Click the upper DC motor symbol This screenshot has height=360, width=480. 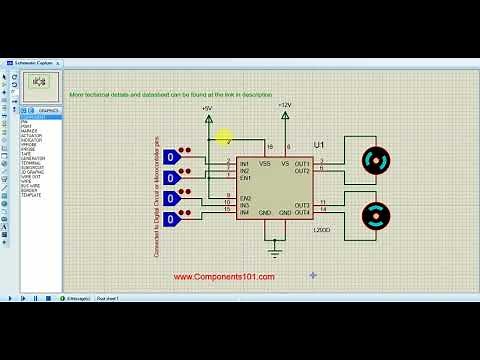[374, 160]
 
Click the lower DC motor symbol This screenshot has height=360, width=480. [374, 214]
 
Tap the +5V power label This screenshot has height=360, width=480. [207, 106]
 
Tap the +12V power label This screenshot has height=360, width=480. [285, 105]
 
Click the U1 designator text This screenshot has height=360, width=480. [319, 146]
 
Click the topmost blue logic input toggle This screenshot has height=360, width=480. [172, 157]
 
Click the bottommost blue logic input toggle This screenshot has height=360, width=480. [172, 219]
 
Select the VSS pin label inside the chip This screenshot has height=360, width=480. [265, 162]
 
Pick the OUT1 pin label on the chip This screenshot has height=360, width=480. [301, 162]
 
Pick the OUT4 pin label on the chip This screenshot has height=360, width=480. [301, 212]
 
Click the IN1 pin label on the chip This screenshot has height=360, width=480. [245, 162]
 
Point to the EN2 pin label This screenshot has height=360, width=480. [245, 198]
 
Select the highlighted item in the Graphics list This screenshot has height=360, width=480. [40, 117]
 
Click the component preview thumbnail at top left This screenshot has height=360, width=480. [43, 86]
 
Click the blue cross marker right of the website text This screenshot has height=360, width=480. [313, 274]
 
